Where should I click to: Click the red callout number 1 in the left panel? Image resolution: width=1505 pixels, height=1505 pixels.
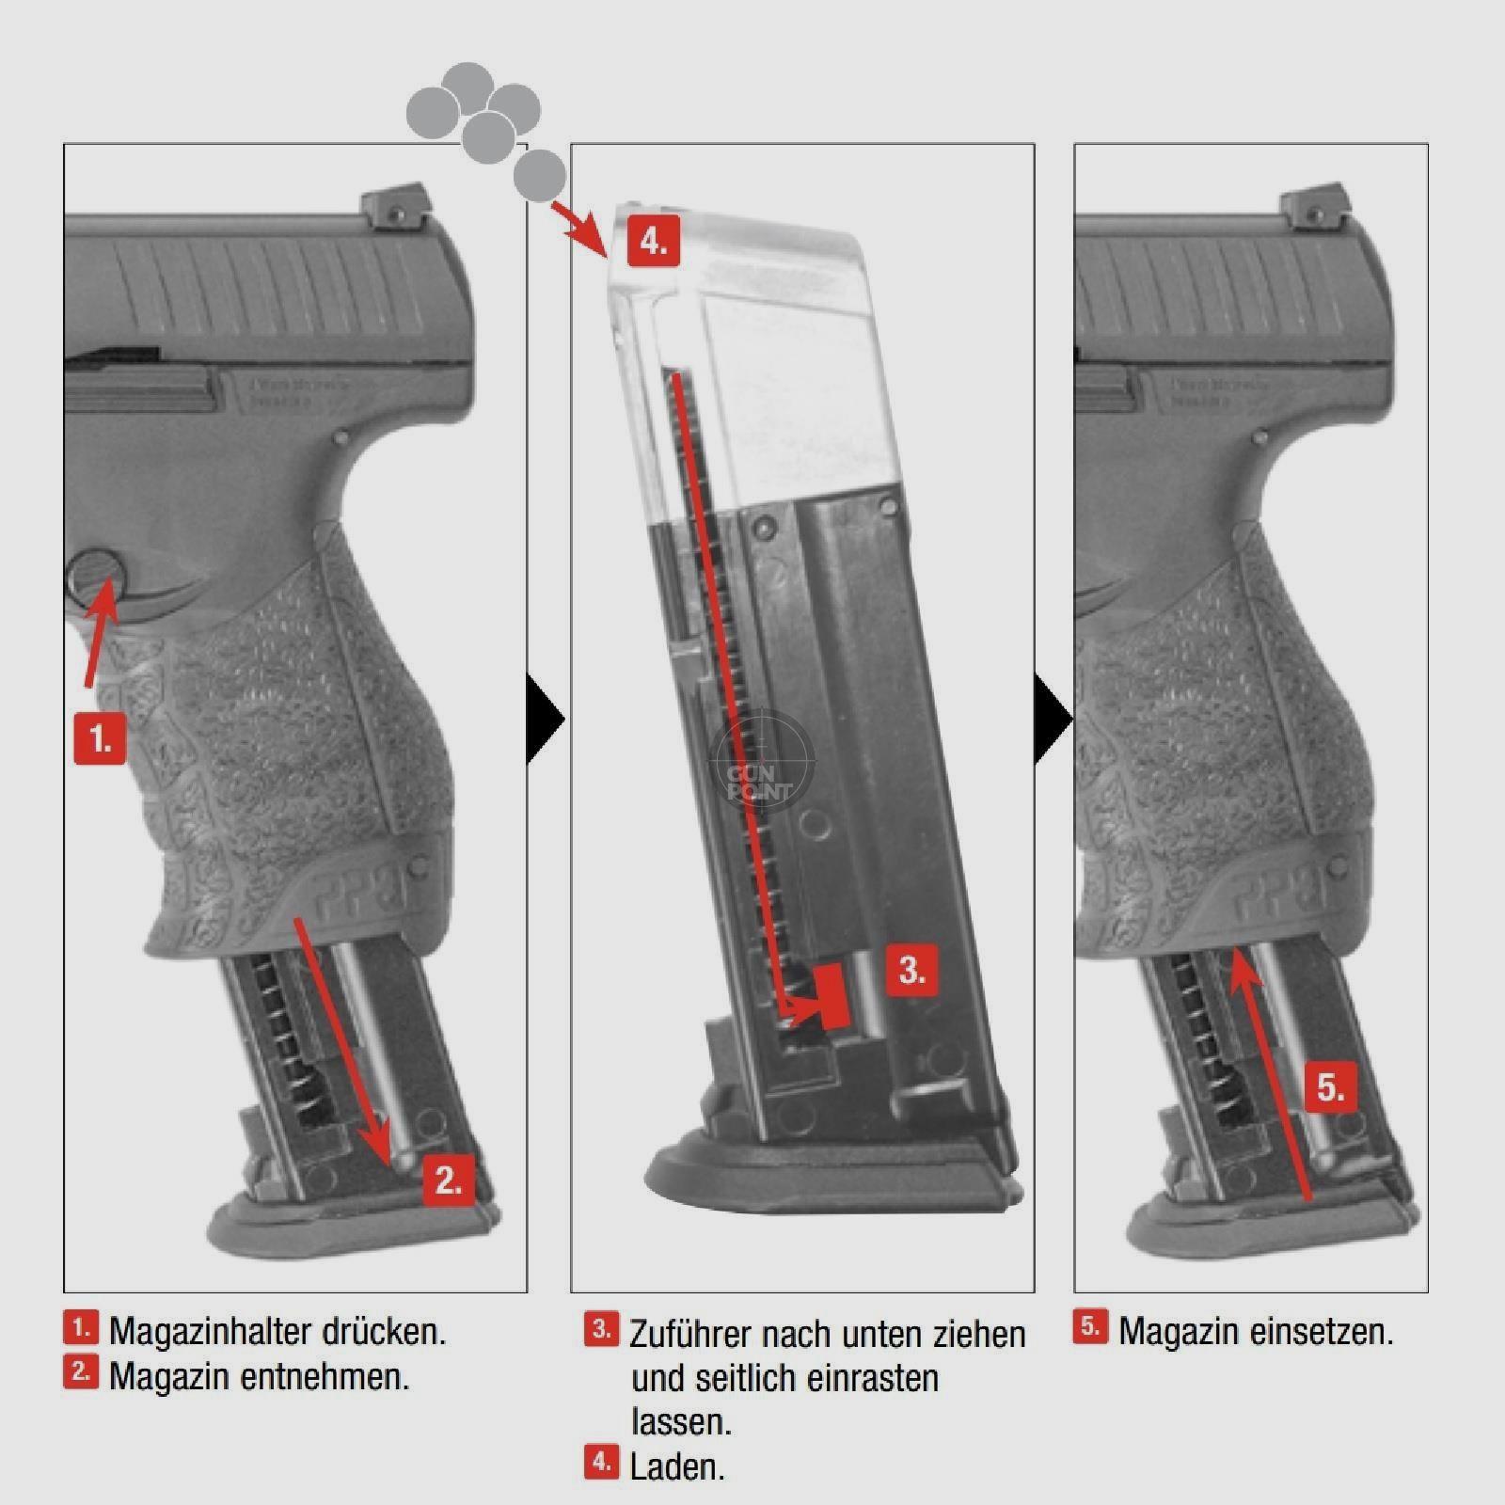click(100, 738)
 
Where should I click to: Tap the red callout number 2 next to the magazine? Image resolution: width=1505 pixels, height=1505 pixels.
click(449, 1180)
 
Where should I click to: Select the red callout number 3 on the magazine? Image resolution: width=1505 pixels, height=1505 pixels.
click(911, 970)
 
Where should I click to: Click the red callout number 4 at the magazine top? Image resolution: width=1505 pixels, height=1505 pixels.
click(654, 242)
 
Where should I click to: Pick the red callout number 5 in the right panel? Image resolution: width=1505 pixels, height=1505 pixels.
click(1331, 1087)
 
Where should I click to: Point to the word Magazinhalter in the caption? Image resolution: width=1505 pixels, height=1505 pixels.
click(209, 1331)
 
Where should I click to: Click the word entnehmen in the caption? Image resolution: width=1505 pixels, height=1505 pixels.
click(325, 1376)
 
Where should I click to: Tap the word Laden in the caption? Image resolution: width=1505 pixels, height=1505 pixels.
click(675, 1466)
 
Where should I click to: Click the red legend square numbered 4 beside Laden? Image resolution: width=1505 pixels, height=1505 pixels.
click(601, 1463)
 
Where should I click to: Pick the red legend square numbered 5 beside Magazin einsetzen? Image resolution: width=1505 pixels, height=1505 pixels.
click(1090, 1327)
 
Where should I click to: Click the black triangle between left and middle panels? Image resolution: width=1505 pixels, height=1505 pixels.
click(545, 721)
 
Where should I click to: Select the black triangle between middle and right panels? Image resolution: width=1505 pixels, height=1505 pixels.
click(1052, 721)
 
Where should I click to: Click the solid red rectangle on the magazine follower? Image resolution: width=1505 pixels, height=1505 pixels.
click(832, 995)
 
